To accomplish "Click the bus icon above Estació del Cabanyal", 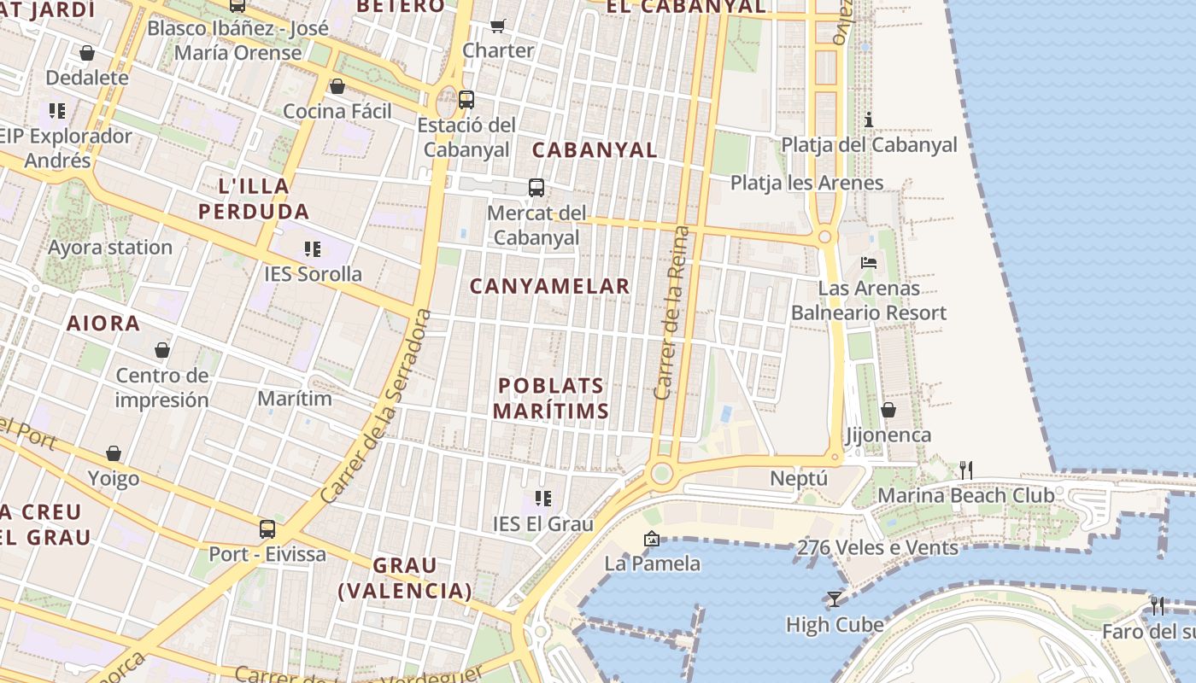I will pos(466,99).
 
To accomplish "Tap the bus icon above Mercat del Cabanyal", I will pos(536,188).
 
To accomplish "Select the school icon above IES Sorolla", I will pos(313,249).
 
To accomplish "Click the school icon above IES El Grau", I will pos(542,498).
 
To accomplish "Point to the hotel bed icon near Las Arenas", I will pos(869,263).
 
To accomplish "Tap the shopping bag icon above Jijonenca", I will pos(888,410).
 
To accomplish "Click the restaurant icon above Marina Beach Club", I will pos(966,470).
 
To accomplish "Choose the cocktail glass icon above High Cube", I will pos(835,599).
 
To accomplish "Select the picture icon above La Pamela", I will pos(652,539).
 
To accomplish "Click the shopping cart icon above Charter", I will pos(498,26).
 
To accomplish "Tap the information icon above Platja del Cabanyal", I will pos(869,120).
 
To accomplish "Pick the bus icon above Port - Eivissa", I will pos(267,529).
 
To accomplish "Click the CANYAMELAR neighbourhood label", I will pos(550,286).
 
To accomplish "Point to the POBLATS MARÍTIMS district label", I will pos(551,398).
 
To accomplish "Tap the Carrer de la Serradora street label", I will pos(377,406).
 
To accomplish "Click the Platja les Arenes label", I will pos(806,183).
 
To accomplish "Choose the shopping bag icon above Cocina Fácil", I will pos(337,86).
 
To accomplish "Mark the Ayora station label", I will pos(110,248).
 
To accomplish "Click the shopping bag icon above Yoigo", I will pos(114,453).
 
